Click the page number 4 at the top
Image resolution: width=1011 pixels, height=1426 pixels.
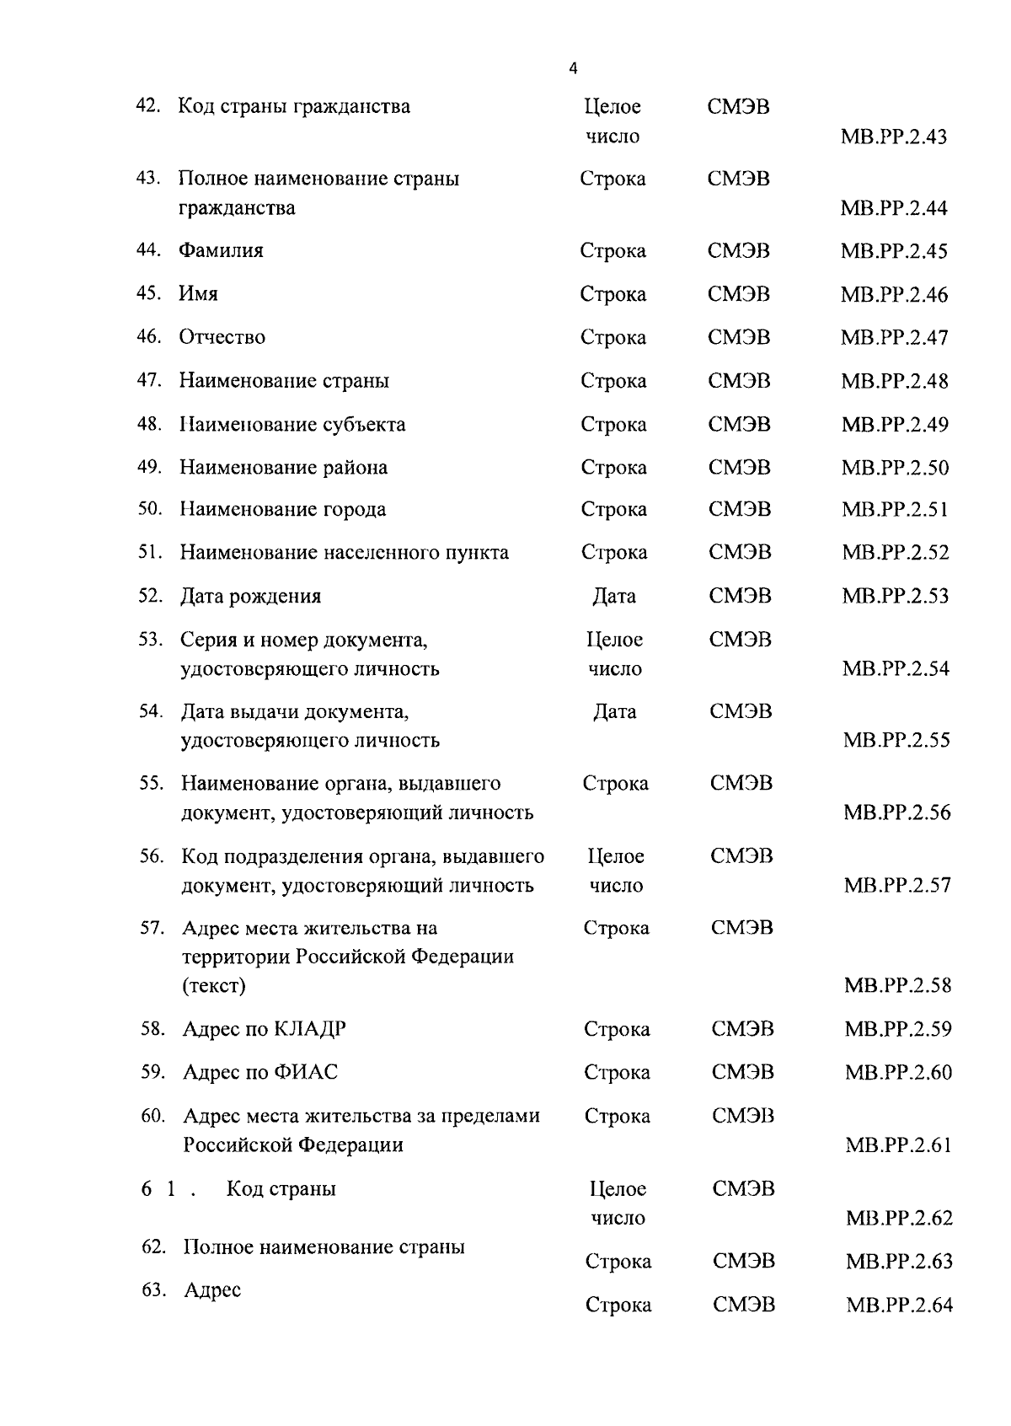[x=574, y=69]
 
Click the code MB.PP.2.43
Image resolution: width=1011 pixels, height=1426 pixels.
[x=894, y=137]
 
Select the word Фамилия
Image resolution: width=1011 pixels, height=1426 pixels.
[x=221, y=250]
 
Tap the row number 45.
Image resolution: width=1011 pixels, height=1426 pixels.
[x=148, y=293]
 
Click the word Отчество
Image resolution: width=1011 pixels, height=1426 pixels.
[x=222, y=337]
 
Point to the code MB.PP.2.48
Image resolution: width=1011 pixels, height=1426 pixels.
[x=894, y=381]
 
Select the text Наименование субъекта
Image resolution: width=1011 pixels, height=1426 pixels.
[x=292, y=424]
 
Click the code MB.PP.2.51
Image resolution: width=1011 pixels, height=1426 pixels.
[x=895, y=509]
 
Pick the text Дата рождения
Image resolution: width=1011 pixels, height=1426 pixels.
[x=250, y=597]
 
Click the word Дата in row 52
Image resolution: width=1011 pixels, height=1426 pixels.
[x=614, y=597]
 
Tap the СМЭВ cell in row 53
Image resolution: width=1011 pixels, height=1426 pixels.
[x=740, y=640]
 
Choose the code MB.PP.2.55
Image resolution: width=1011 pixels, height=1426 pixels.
[x=896, y=740]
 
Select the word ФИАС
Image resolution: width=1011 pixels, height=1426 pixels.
[x=306, y=1072]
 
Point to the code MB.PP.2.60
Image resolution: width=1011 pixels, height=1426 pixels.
[x=898, y=1072]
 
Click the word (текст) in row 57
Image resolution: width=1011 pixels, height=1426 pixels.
[x=214, y=985]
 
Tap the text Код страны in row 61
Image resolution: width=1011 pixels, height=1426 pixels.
[x=281, y=1188]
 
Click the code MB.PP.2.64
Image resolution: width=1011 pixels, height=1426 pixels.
[x=899, y=1305]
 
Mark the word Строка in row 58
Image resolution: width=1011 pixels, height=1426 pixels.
[x=617, y=1029]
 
